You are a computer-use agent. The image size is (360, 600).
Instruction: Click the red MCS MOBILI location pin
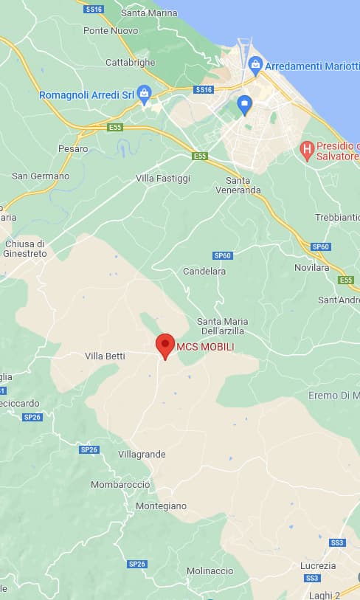coord(165,345)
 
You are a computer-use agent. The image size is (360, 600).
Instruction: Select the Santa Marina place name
coord(149,13)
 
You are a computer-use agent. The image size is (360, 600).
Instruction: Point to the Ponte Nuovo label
coord(111,30)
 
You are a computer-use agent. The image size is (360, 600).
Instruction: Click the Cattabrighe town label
coord(131,63)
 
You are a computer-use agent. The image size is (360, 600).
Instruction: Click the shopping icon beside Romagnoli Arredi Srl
coord(145,94)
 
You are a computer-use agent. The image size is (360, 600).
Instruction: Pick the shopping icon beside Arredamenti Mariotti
coord(255,64)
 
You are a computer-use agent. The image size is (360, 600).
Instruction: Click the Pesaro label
coord(73,148)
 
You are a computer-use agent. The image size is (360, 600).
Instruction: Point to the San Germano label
coord(41,176)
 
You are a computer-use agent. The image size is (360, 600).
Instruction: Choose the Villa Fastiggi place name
coord(163,179)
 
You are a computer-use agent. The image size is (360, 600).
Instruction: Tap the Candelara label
coord(204,272)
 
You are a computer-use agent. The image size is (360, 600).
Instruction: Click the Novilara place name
coord(311,267)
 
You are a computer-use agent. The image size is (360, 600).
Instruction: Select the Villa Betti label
coord(105,356)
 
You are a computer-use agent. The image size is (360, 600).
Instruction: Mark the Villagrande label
coord(142,454)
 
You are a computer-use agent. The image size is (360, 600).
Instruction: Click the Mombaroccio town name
coord(120,484)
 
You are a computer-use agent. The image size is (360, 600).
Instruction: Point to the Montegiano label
coord(161,506)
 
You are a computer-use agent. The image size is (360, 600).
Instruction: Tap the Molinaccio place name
coord(210,570)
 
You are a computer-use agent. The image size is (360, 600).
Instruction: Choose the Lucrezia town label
coord(318,565)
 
